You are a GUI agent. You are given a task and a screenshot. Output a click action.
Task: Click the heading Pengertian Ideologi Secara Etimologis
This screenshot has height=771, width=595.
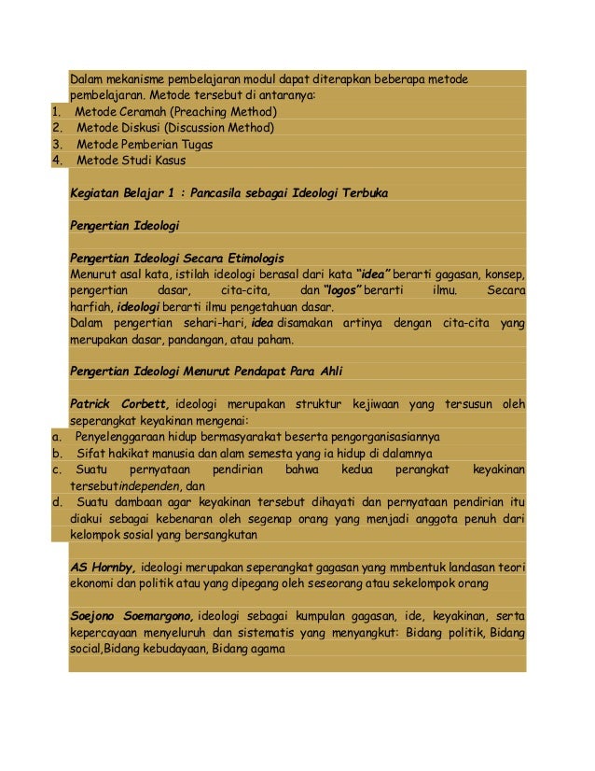(177, 258)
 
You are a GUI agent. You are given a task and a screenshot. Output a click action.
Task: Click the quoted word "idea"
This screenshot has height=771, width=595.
(374, 274)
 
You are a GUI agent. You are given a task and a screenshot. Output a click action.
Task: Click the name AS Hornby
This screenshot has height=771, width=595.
(104, 568)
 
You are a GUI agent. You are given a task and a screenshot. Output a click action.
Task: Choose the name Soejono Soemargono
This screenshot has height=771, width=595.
(132, 616)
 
